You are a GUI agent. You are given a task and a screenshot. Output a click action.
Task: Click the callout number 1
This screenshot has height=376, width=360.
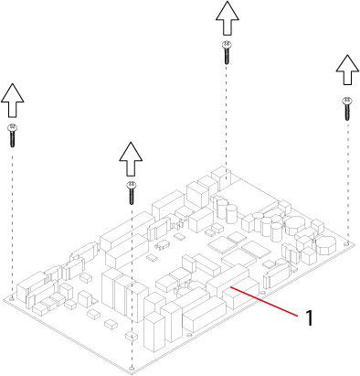(x=309, y=317)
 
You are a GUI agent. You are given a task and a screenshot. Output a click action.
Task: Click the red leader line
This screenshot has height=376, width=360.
(x=264, y=302)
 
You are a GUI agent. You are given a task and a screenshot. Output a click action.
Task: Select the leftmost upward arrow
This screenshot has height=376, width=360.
(x=12, y=100)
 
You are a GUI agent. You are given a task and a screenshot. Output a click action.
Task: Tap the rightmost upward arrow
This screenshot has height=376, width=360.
(x=347, y=70)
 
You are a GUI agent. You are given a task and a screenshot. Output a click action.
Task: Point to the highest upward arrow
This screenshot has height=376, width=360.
(x=228, y=17)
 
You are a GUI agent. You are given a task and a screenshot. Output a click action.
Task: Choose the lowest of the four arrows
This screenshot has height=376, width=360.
(x=131, y=158)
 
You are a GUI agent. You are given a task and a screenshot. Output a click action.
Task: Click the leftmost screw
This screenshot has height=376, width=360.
(x=12, y=135)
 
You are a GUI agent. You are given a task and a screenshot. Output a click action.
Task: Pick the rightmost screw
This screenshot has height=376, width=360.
(x=347, y=109)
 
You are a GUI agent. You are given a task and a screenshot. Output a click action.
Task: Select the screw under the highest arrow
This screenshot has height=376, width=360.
(x=227, y=52)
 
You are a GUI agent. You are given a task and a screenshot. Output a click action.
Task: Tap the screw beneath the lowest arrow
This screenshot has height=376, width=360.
(x=132, y=193)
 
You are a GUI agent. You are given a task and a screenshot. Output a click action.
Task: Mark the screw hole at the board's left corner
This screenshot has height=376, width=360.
(x=12, y=299)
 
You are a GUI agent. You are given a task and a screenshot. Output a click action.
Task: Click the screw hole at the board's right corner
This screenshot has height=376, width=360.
(x=347, y=243)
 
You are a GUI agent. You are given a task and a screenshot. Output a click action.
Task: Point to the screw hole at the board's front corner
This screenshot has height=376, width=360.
(x=132, y=369)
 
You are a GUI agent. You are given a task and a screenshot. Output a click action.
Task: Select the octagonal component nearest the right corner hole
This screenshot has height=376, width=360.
(x=326, y=245)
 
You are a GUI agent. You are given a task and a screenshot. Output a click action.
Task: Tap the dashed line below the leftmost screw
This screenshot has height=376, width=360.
(x=12, y=222)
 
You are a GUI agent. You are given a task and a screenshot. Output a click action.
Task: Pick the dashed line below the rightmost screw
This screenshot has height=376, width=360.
(x=347, y=180)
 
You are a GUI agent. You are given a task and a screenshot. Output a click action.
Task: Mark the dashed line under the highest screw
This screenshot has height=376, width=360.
(x=227, y=116)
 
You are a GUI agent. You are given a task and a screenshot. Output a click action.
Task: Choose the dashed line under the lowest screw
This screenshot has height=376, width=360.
(x=132, y=286)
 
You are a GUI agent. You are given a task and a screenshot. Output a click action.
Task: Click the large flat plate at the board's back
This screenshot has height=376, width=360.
(x=246, y=195)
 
